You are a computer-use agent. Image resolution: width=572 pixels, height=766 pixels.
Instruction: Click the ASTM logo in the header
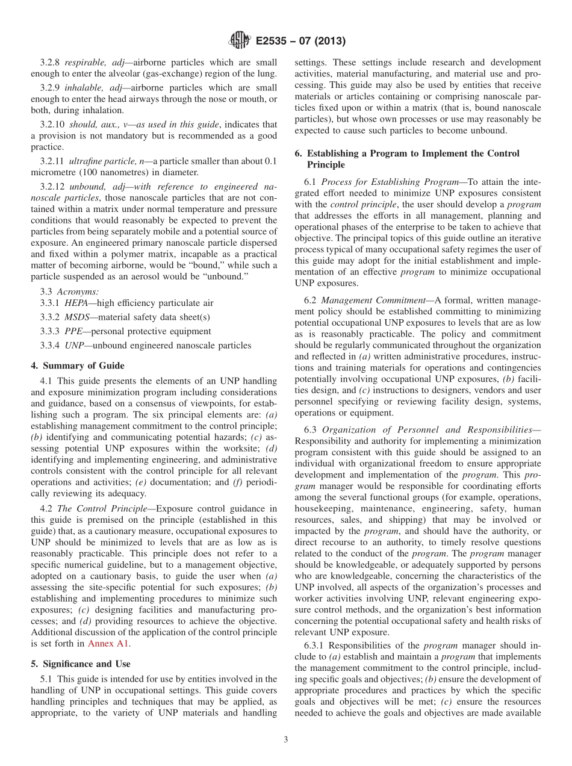click(239, 42)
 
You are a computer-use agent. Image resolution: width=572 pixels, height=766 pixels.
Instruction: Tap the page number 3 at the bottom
click(286, 740)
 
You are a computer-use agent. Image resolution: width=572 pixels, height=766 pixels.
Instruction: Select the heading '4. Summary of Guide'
click(78, 366)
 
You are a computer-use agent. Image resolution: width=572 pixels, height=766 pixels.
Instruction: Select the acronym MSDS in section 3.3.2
click(77, 318)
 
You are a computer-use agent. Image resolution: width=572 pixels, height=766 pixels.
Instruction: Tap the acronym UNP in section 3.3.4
click(74, 345)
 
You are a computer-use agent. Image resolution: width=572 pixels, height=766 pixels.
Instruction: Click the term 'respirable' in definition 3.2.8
click(84, 63)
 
